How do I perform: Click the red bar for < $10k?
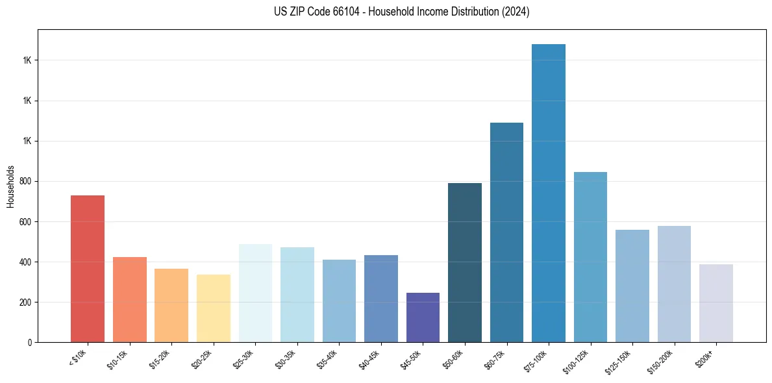[x=87, y=269]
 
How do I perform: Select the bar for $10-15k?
[x=129, y=299]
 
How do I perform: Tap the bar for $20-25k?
[x=213, y=308]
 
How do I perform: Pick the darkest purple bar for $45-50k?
[x=423, y=317]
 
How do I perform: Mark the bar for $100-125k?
[x=590, y=257]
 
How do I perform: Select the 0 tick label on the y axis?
[x=31, y=343]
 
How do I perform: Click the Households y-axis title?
[x=10, y=186]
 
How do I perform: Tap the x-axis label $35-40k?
[x=327, y=359]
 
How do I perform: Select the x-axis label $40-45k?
[x=369, y=359]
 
